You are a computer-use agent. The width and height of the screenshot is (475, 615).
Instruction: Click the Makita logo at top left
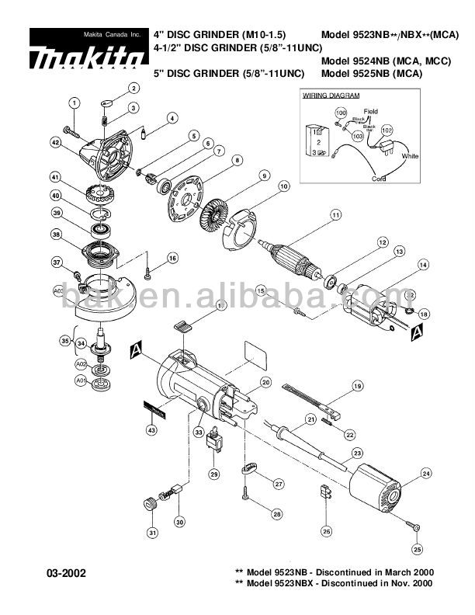pyautogui.click(x=88, y=56)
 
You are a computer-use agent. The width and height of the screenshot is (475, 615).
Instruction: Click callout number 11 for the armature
pyautogui.click(x=335, y=214)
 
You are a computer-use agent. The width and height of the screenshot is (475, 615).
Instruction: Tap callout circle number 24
pyautogui.click(x=425, y=473)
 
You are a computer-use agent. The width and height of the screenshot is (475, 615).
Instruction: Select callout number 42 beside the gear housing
pyautogui.click(x=56, y=142)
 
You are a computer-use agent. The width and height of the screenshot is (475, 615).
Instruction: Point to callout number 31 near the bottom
pyautogui.click(x=152, y=532)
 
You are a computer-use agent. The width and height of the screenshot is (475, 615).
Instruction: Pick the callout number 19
pyautogui.click(x=357, y=386)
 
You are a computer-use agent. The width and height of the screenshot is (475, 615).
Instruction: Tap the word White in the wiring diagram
pyautogui.click(x=410, y=156)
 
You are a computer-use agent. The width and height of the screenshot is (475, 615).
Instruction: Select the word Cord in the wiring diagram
pyautogui.click(x=378, y=179)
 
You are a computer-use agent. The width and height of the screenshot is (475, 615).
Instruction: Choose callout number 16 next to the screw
pyautogui.click(x=172, y=258)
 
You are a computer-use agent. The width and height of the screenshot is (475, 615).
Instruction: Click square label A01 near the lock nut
pyautogui.click(x=81, y=380)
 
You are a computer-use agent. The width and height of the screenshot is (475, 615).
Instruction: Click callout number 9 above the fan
pyautogui.click(x=265, y=175)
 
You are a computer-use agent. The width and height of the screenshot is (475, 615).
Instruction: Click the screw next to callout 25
pyautogui.click(x=414, y=527)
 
